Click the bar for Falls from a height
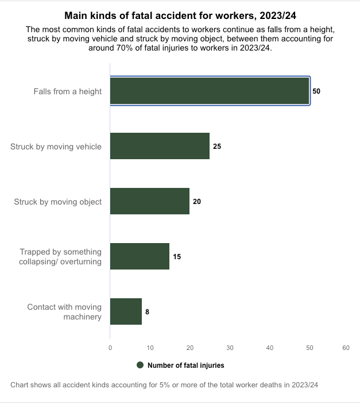pos(210,91)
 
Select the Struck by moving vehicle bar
pos(160,146)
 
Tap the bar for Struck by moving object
pos(149,201)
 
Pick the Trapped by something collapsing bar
pos(140,256)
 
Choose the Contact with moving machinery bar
pos(126,311)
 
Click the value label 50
pos(316,91)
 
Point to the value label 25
pos(217,147)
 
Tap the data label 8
pos(148,312)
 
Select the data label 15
pos(177,257)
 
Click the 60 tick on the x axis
pos(345,348)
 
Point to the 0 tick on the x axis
pos(110,348)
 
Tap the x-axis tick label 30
pos(230,348)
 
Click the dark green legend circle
pos(140,365)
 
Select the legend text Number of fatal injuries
pos(185,365)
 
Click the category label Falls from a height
pos(68,91)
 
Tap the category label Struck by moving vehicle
pos(56,147)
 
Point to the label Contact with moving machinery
pos(64,312)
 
